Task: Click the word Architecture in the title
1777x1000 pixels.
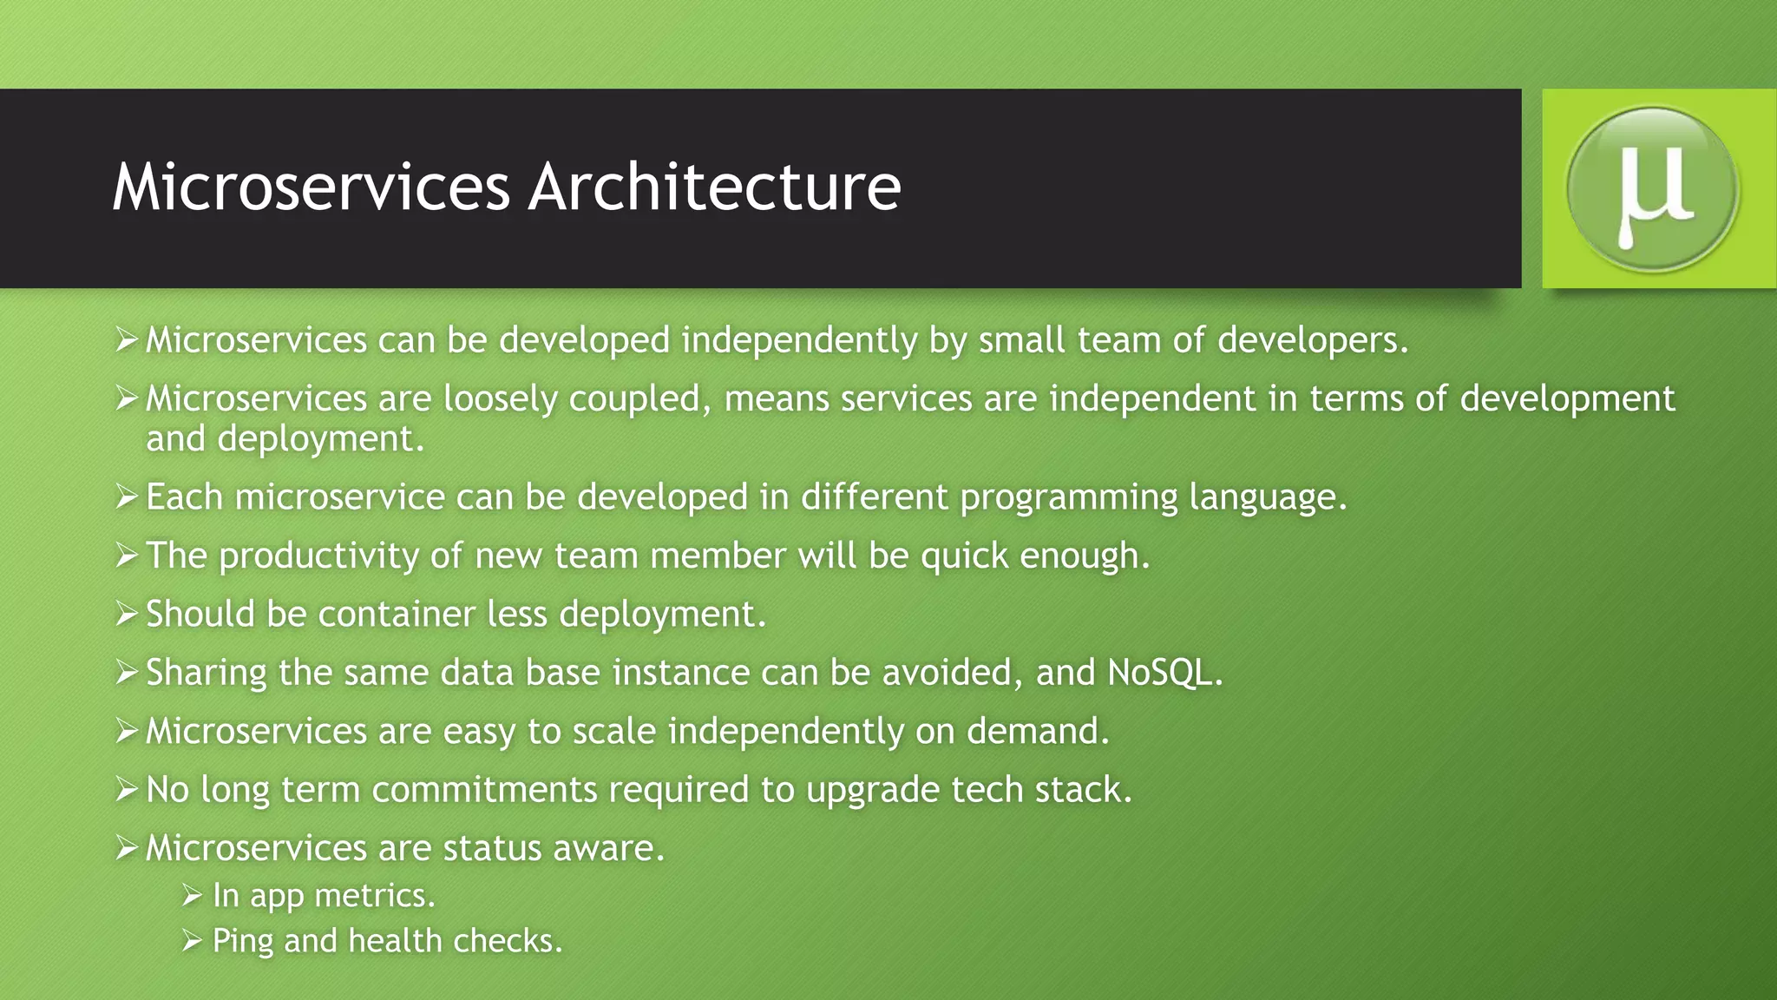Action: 715,187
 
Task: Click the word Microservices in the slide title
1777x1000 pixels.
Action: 311,187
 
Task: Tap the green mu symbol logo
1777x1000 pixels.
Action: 1652,188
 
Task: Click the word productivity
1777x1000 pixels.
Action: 318,556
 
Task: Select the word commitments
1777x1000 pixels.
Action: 484,790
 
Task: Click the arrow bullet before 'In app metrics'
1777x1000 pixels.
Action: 192,896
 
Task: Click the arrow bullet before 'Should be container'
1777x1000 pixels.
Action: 127,615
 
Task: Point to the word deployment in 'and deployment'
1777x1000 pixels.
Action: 320,439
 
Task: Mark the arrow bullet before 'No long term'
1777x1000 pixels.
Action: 127,790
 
